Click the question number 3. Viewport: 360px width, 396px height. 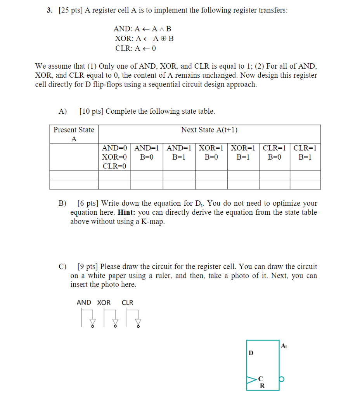point(49,10)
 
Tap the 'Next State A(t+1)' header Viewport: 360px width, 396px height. point(209,130)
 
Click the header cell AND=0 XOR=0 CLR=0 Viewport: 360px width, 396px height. point(114,157)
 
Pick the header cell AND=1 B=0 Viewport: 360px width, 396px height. point(147,153)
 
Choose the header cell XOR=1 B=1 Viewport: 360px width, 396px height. point(243,153)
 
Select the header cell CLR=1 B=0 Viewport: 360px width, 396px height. point(275,153)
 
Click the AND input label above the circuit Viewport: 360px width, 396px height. point(84,302)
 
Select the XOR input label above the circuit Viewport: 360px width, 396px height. point(104,302)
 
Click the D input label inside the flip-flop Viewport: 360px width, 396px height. point(251,353)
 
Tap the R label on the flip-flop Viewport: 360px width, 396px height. point(262,386)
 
